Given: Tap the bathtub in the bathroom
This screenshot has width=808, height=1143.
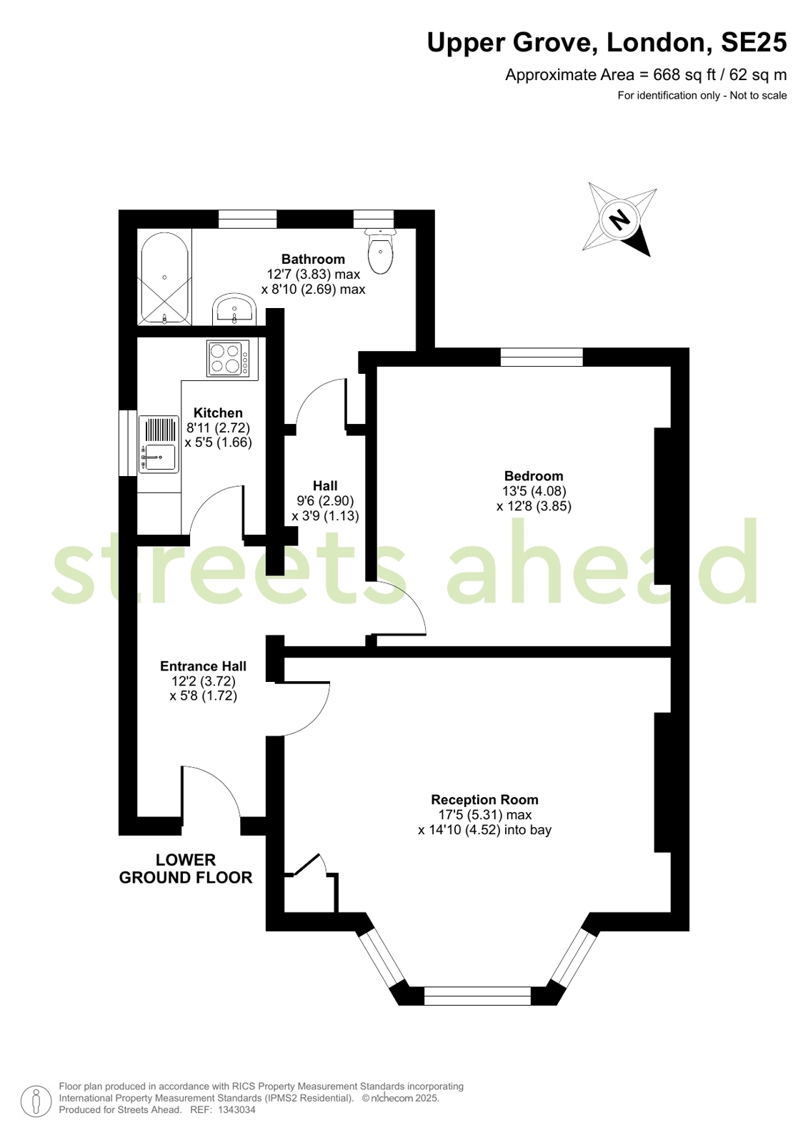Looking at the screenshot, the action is coord(164,277).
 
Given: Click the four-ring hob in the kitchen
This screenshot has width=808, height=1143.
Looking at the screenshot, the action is coord(228,358).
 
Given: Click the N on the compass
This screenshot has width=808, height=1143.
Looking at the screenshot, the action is coord(620,219).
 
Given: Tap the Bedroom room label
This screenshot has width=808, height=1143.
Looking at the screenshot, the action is coord(534,476).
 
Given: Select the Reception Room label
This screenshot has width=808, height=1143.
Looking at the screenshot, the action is coord(484,800).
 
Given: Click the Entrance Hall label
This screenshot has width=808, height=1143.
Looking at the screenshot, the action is coord(203,666).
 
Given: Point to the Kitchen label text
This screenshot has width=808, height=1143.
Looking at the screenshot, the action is coord(218,412).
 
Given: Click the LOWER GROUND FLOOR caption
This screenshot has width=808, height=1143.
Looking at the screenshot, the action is coord(186,869).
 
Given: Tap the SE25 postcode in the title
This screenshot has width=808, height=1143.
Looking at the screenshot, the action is coord(754,42).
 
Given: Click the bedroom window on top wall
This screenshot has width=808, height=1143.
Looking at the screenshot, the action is coord(542,357).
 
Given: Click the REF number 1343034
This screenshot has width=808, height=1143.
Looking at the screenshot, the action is coord(236,1109).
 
